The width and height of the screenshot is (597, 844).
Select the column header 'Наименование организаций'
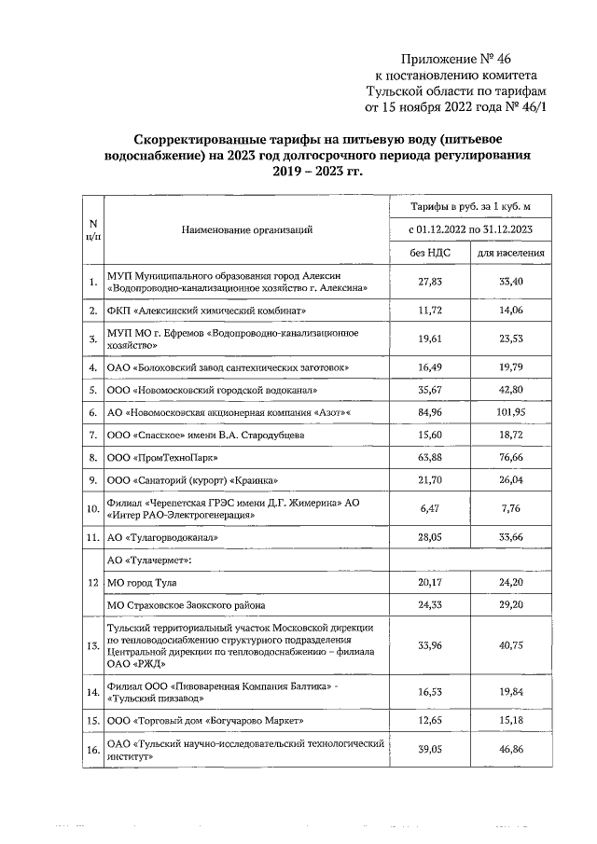point(247,228)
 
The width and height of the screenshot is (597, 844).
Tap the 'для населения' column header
point(510,253)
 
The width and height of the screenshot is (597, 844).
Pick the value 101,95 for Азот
point(510,408)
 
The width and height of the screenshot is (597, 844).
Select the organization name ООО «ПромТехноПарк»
point(168,457)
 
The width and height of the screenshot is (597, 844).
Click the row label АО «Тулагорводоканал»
point(162,538)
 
